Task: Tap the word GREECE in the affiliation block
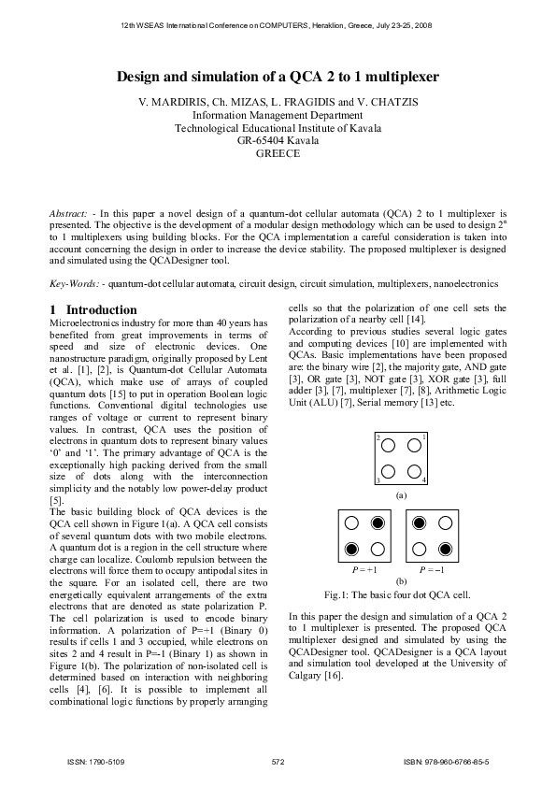coord(278,153)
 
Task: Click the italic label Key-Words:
coord(73,282)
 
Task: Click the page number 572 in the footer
coord(278,763)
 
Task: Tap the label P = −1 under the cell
coord(432,569)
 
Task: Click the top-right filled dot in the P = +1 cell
coord(378,522)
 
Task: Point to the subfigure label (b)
coord(401,580)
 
